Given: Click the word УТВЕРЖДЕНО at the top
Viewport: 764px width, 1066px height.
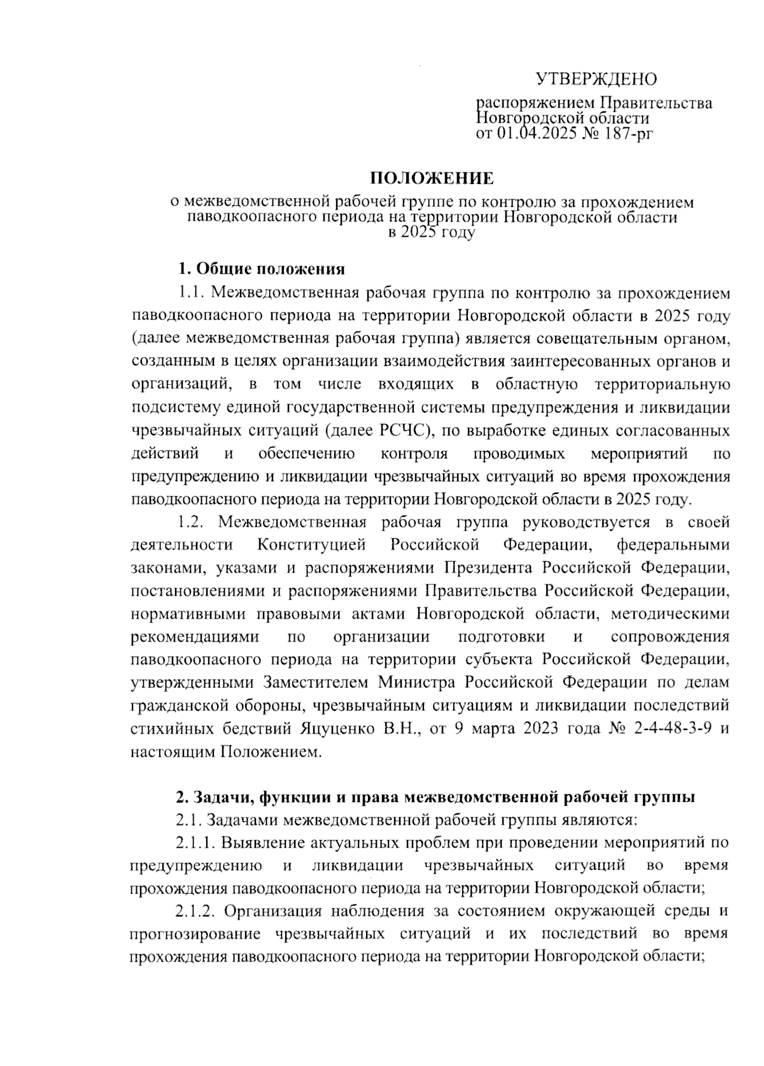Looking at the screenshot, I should [x=596, y=80].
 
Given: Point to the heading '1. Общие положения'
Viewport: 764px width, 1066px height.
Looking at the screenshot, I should [x=261, y=269].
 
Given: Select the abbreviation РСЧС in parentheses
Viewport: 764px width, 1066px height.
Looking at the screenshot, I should [x=405, y=431].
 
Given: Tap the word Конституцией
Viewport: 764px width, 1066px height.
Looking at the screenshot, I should [x=312, y=545].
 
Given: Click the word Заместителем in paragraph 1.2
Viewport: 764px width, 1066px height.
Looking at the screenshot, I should [x=315, y=683].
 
